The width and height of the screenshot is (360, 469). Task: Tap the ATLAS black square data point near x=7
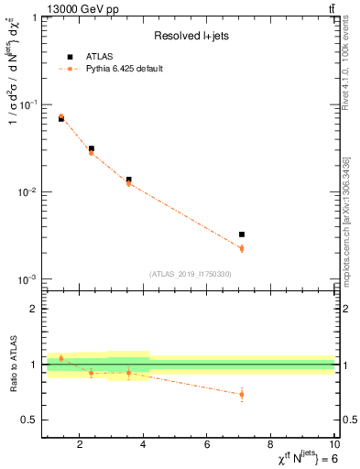(x=241, y=234)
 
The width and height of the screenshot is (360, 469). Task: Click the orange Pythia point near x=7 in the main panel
(x=241, y=248)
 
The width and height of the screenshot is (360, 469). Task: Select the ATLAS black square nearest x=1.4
(x=61, y=119)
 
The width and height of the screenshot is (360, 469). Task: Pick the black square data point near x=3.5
(x=128, y=180)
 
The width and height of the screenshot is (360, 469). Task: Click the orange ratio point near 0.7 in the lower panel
(x=241, y=395)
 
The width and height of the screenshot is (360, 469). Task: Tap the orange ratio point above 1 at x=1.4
(x=61, y=358)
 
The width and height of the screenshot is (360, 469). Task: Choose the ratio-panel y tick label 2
(x=33, y=310)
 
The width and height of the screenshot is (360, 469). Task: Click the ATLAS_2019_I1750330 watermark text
(x=190, y=274)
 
